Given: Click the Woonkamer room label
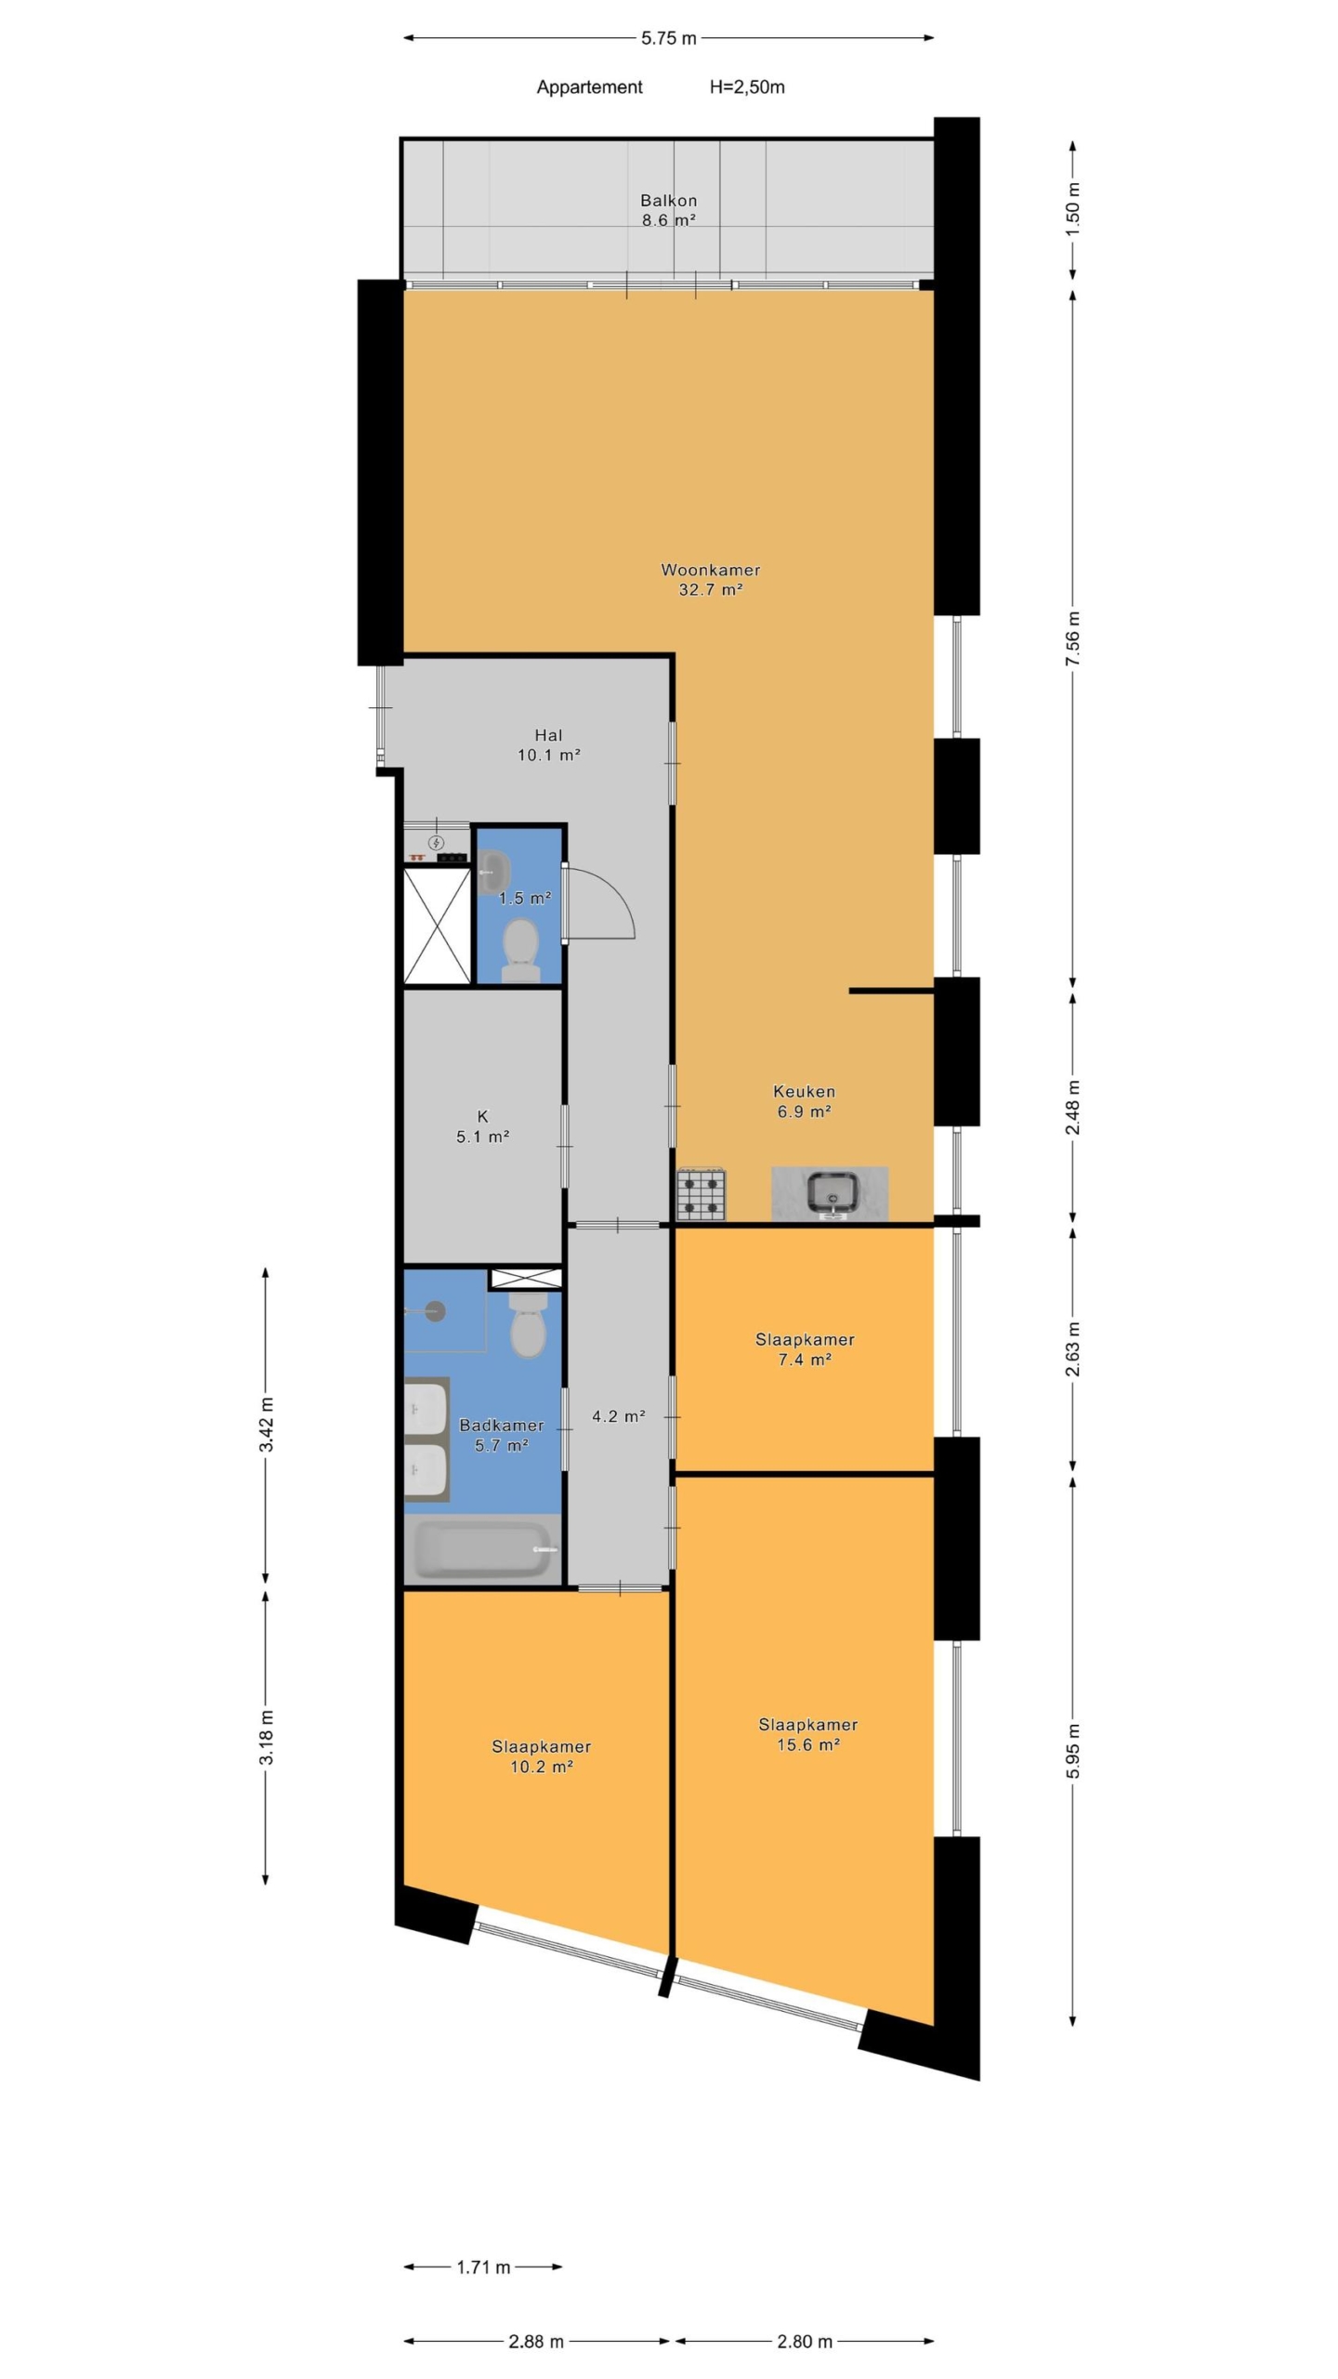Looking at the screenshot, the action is pyautogui.click(x=710, y=570).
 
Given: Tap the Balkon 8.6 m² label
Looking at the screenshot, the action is pyautogui.click(x=668, y=210).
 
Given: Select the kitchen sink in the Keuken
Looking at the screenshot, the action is pyautogui.click(x=831, y=1192).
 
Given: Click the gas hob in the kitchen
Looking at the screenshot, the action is pyautogui.click(x=701, y=1193).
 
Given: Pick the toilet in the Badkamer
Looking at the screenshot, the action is pyautogui.click(x=529, y=1323).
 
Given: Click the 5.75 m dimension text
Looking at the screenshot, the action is pyautogui.click(x=668, y=38).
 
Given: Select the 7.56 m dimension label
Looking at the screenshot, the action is pyautogui.click(x=1072, y=637).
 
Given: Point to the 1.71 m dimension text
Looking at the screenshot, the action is pyautogui.click(x=483, y=2267).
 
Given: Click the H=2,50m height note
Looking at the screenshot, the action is pyautogui.click(x=747, y=87).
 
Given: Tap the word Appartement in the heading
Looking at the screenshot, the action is pyautogui.click(x=589, y=87).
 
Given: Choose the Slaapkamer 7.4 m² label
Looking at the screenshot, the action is pyautogui.click(x=805, y=1349).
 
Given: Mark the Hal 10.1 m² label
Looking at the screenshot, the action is pyautogui.click(x=548, y=745).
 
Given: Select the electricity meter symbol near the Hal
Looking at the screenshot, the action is pyautogui.click(x=436, y=842).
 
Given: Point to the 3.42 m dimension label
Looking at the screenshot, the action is pyautogui.click(x=267, y=1424).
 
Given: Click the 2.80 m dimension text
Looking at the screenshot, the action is pyautogui.click(x=805, y=2341).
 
